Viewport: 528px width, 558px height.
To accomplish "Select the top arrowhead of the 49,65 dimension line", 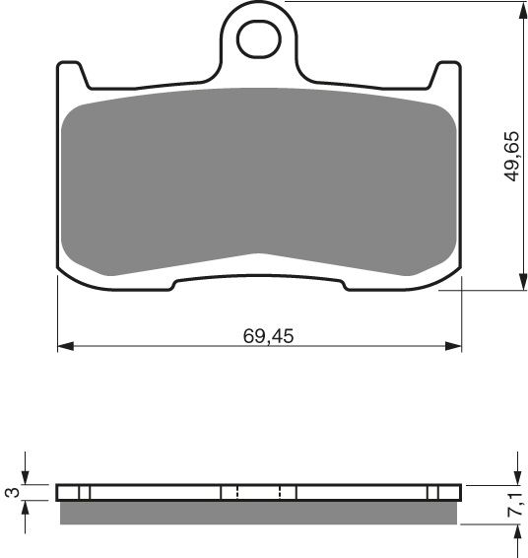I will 518,10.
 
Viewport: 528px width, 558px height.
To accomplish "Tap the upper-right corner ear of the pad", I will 447,70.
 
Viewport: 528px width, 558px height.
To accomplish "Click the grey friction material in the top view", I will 260,187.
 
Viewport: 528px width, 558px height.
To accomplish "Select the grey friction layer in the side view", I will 260,512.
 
